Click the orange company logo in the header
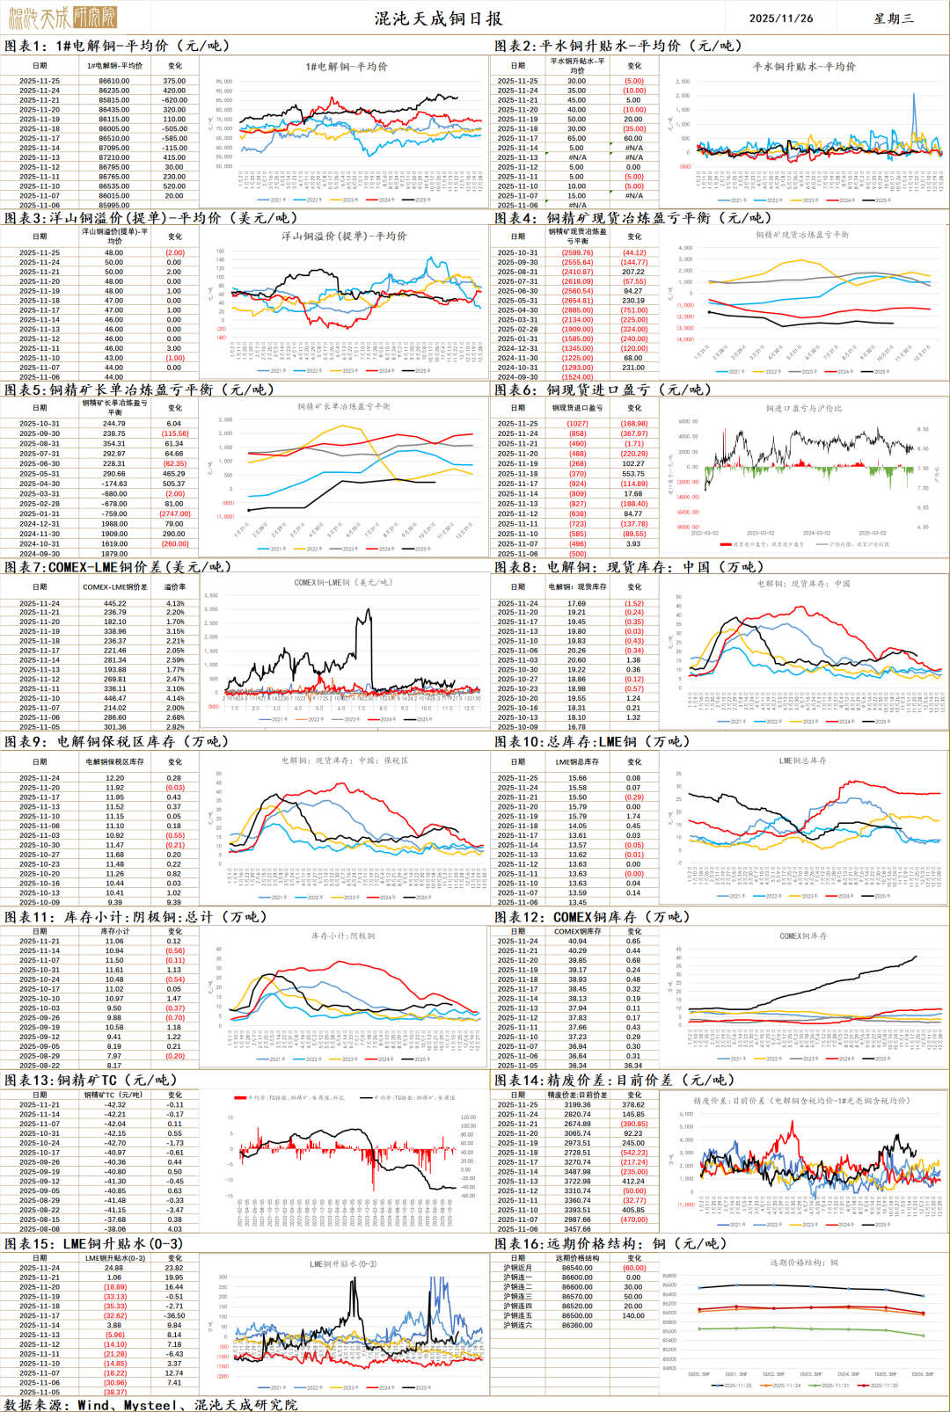(62, 17)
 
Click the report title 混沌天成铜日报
(438, 18)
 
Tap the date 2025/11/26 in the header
(780, 18)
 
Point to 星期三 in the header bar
(893, 18)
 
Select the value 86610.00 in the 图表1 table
(114, 81)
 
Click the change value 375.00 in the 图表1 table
(174, 81)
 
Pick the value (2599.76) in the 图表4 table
(577, 252)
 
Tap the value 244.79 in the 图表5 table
(114, 424)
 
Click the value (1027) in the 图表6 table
(577, 424)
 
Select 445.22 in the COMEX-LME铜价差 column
(114, 603)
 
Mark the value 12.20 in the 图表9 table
(114, 778)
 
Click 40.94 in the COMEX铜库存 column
(577, 941)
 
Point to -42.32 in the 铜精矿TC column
(114, 1105)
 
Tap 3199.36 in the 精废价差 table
(577, 1105)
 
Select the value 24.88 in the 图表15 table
(114, 1268)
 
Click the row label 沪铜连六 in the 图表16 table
(518, 1325)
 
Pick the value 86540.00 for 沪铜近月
(577, 1268)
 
